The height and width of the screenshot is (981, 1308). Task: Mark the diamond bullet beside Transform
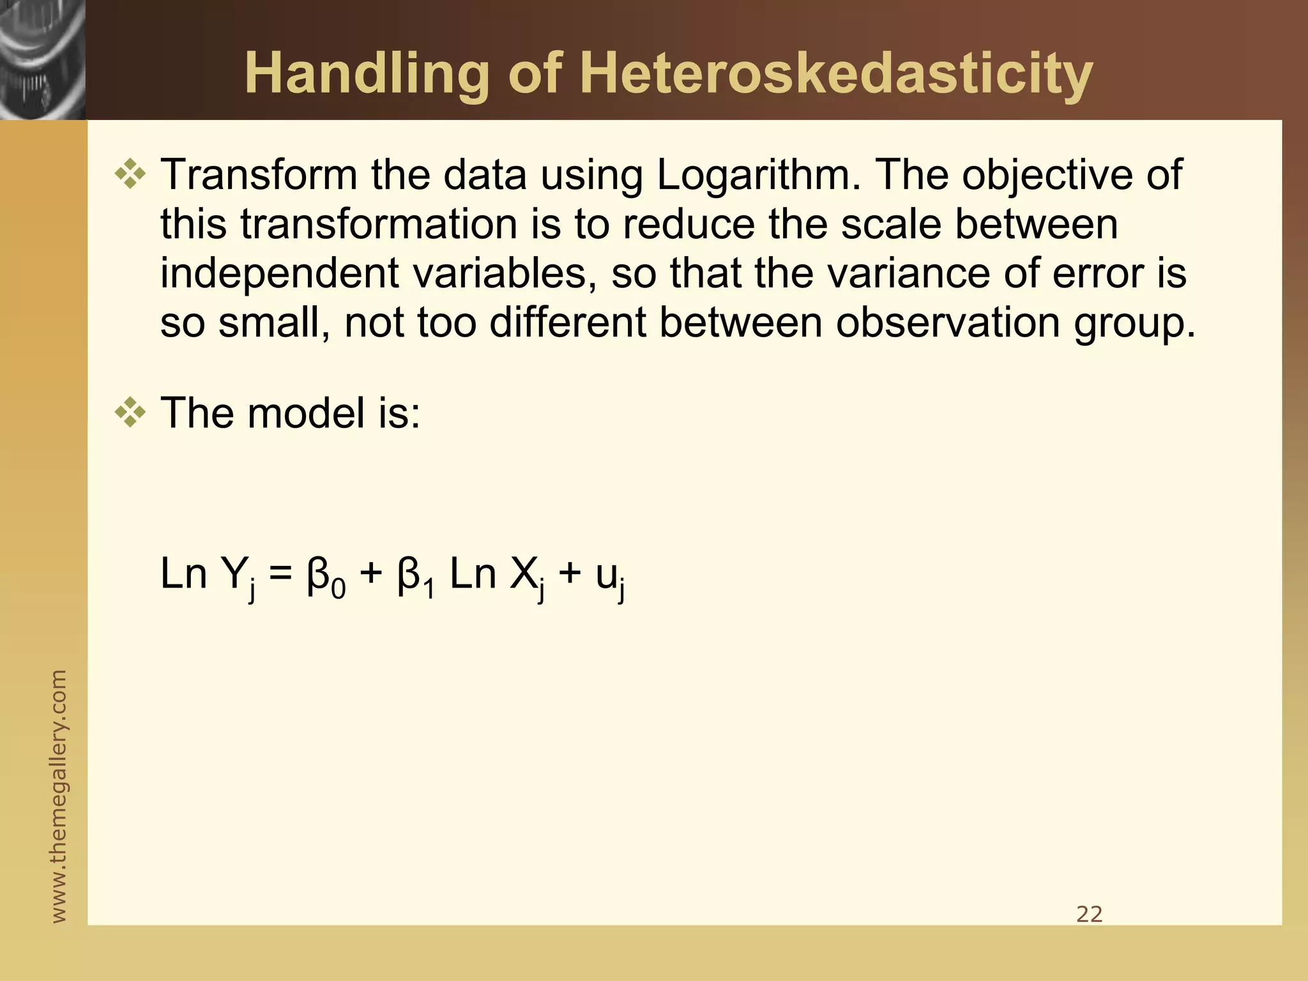point(130,175)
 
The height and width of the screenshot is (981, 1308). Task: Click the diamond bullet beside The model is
point(130,413)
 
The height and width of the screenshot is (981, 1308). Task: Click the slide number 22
point(1089,915)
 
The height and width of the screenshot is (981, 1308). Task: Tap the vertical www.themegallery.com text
point(59,796)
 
